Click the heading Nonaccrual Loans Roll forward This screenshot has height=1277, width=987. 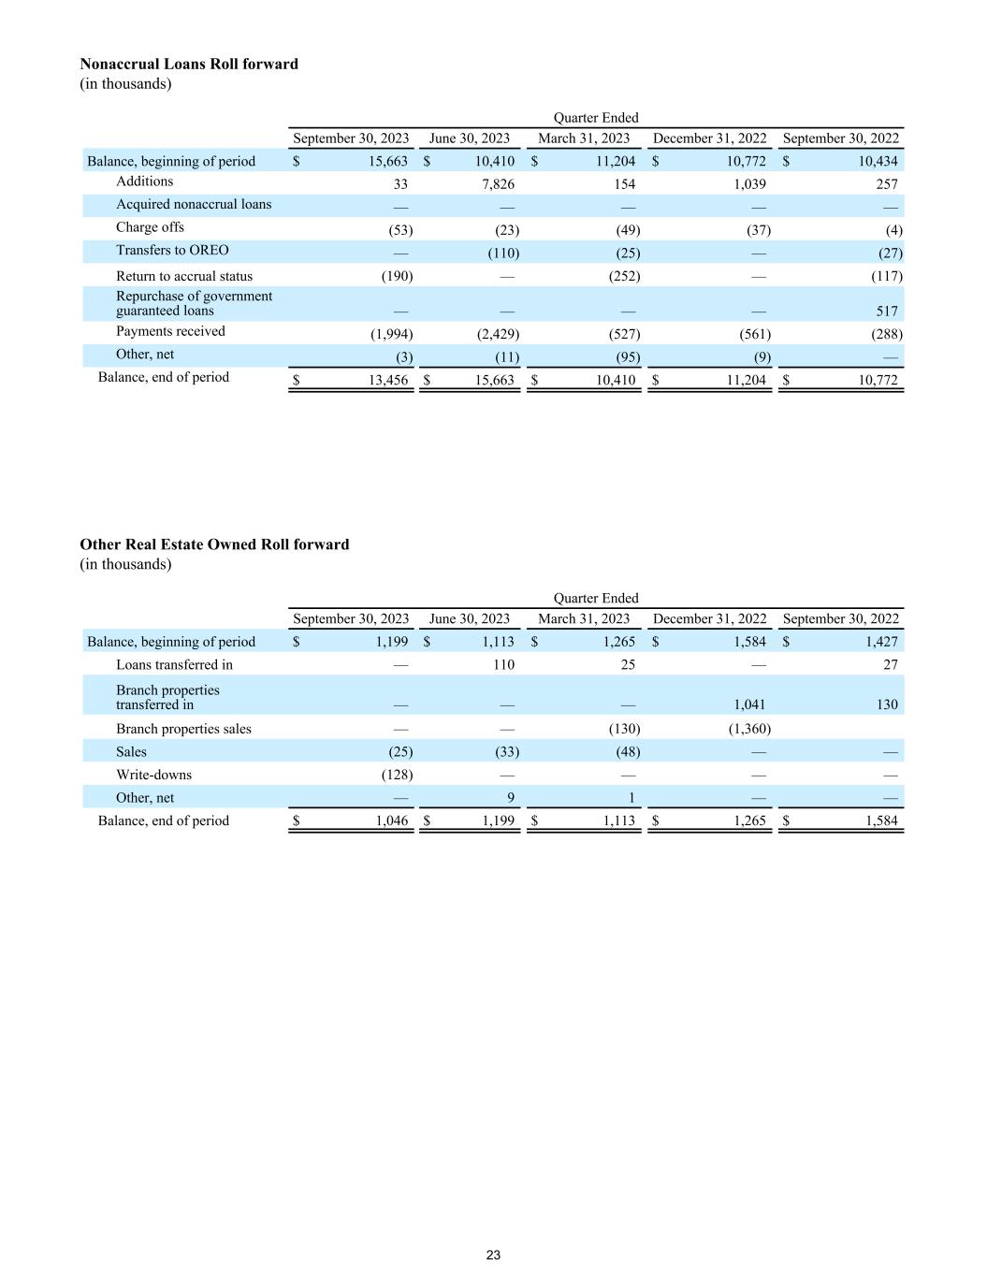coord(189,64)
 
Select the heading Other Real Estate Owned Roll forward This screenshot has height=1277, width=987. coord(214,544)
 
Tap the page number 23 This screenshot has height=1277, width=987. coord(493,1255)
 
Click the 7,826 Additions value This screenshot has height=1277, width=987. coord(496,184)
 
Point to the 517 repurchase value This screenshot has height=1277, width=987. coord(887,312)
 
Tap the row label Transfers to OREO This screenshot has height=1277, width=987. coord(172,250)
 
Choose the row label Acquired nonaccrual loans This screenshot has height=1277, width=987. coord(194,204)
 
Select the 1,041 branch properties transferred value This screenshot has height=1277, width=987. coord(748,704)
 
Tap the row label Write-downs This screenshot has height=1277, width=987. coord(153,775)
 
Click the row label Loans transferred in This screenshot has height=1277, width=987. coord(174,664)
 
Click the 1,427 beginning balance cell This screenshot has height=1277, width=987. coord(881,642)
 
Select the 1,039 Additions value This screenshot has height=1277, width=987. coord(748,184)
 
